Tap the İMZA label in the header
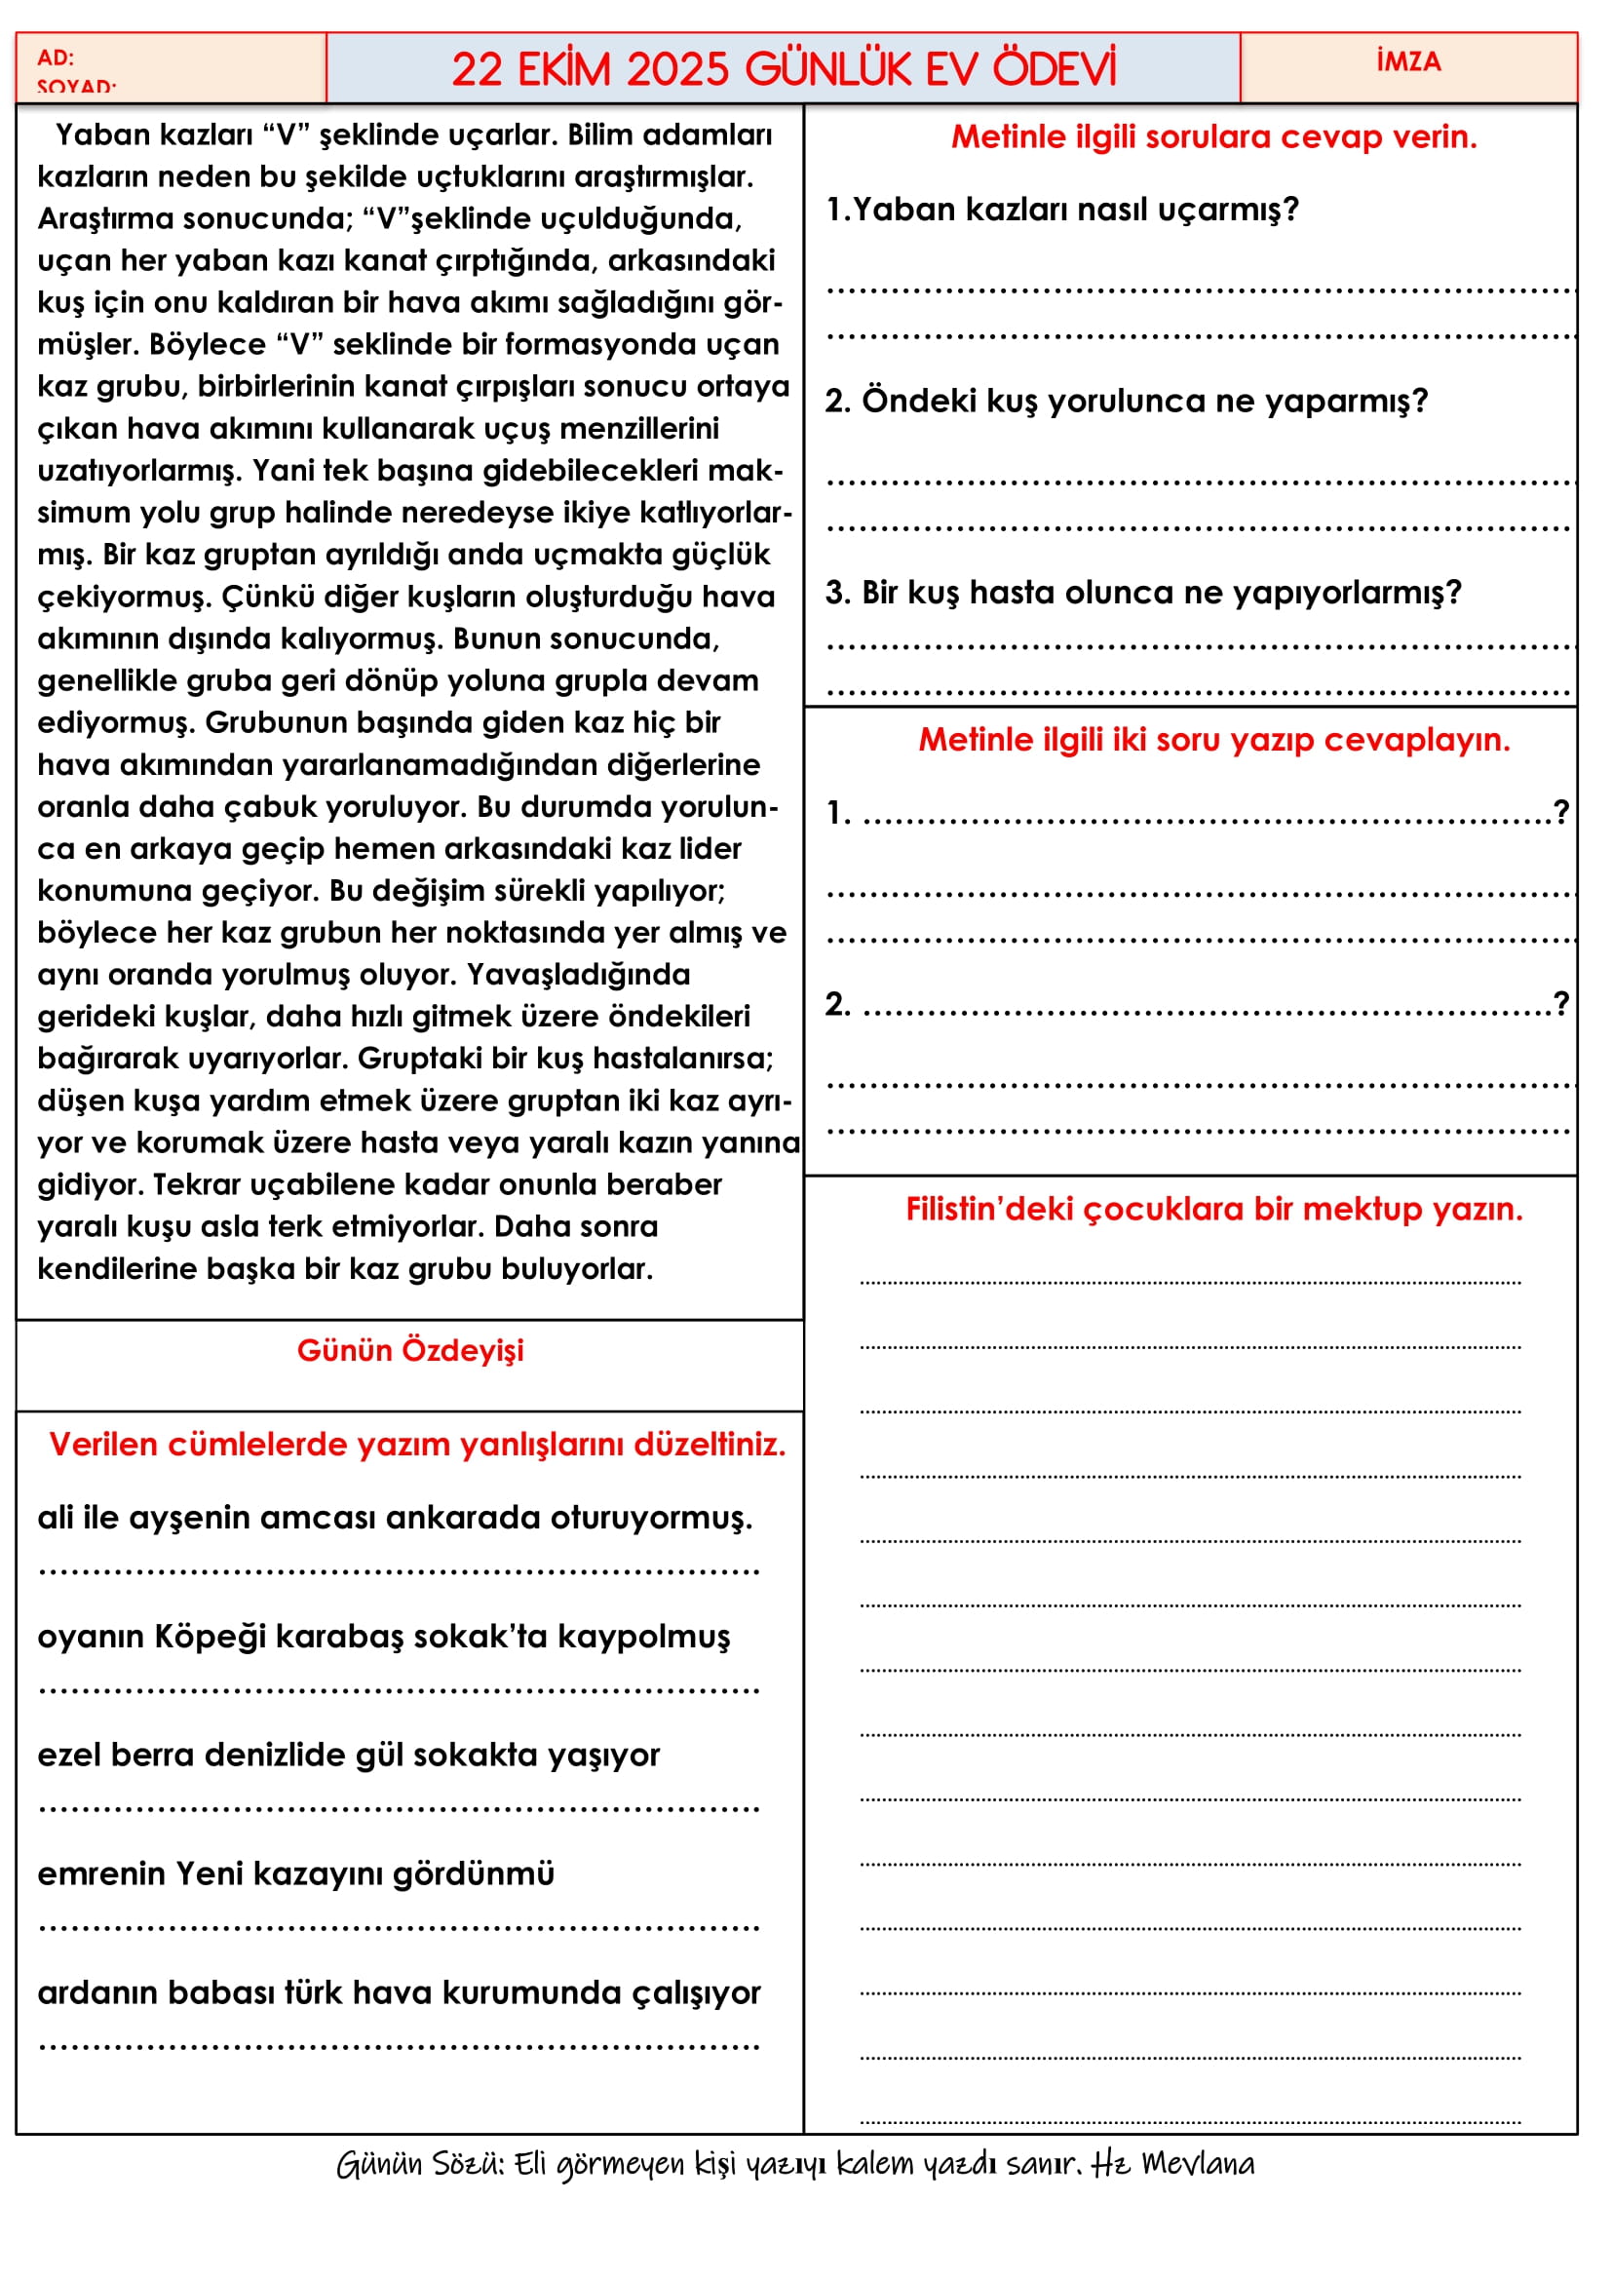pyautogui.click(x=1407, y=61)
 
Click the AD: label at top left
pyautogui.click(x=56, y=58)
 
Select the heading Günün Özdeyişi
pyautogui.click(x=410, y=1350)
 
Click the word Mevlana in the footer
pyautogui.click(x=1197, y=2163)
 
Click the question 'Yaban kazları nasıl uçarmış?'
pyautogui.click(x=1062, y=210)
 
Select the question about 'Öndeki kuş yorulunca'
pyautogui.click(x=1126, y=402)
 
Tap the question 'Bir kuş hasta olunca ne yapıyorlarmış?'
pyautogui.click(x=1142, y=593)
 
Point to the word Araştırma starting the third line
pyautogui.click(x=107, y=218)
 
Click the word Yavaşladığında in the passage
pyautogui.click(x=579, y=974)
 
